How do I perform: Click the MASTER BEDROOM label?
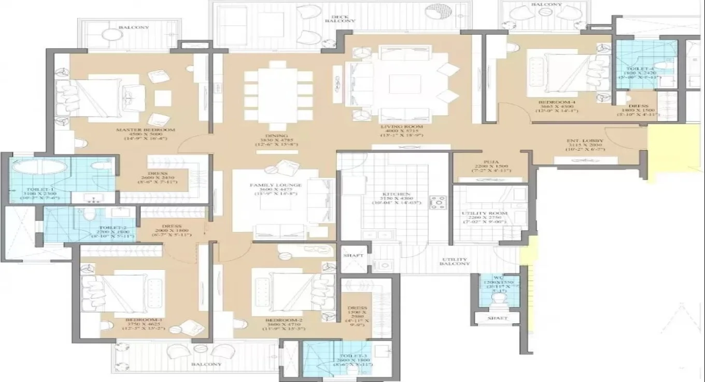tap(146, 130)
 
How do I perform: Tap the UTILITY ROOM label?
tap(485, 213)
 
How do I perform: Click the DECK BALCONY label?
tap(340, 18)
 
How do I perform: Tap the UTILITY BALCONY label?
tap(455, 261)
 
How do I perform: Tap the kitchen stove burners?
tap(438, 202)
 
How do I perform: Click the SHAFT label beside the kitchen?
tap(354, 256)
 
